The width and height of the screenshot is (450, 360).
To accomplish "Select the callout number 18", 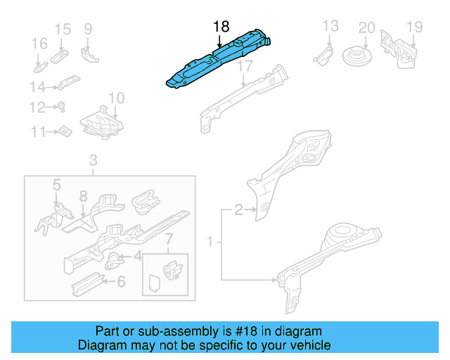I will [x=221, y=27].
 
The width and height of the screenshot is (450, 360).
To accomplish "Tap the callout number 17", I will [x=244, y=67].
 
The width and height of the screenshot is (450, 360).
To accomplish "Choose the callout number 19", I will [x=414, y=27].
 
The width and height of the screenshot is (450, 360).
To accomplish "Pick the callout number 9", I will [x=88, y=29].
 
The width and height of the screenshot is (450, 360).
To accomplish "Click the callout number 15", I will [x=63, y=29].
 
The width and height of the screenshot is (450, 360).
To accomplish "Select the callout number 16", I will [x=39, y=44].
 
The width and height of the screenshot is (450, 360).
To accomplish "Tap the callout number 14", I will [x=37, y=87].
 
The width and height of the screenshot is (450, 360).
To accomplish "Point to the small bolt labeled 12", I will [x=60, y=108].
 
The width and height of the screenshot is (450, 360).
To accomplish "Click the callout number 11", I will [x=37, y=131].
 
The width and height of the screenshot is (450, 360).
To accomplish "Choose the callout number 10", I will [x=116, y=98].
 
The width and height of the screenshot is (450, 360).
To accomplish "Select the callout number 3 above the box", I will [x=93, y=163].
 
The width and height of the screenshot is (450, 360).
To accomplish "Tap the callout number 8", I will [x=83, y=196].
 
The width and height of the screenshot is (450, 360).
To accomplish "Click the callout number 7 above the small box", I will [x=168, y=243].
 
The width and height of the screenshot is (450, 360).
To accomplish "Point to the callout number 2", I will [x=238, y=209].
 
